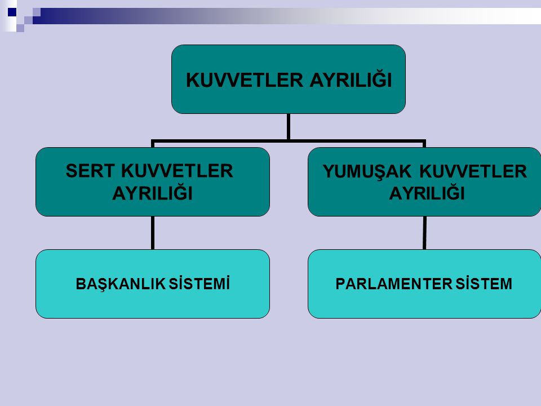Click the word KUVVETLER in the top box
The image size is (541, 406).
(244, 80)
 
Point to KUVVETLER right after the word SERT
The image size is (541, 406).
(177, 171)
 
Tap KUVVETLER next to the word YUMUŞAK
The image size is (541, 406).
(473, 171)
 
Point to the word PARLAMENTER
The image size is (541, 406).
(394, 284)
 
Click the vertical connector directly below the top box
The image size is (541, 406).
(289, 127)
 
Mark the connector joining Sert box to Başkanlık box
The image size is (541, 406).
(153, 233)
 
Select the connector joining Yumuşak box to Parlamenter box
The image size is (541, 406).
(424, 233)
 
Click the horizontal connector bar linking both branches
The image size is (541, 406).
(289, 141)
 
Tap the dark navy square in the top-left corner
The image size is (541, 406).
(12, 12)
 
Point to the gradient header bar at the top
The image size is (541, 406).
(287, 16)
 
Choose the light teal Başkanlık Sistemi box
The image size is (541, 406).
(153, 284)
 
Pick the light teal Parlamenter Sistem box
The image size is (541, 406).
(424, 284)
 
